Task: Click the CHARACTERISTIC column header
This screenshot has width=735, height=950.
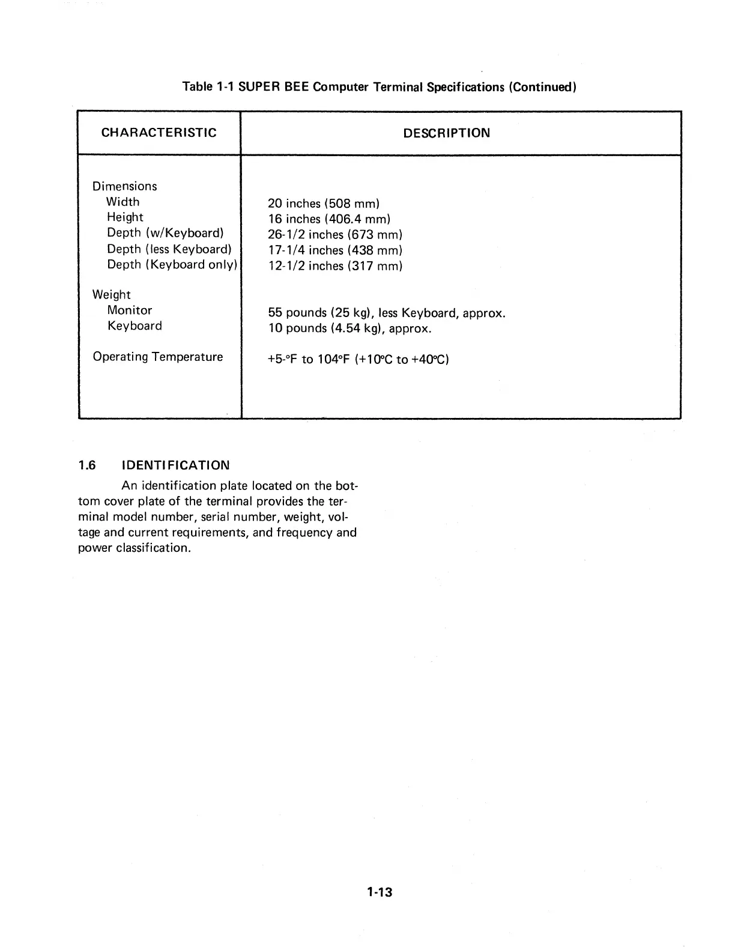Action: (x=159, y=133)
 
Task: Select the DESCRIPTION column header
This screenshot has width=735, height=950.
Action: (x=446, y=133)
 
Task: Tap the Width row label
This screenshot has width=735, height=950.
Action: (x=122, y=202)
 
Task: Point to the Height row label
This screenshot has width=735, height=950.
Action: (x=125, y=217)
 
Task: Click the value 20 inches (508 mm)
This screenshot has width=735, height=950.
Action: (x=324, y=204)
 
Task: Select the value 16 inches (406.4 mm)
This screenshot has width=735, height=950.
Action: (x=329, y=219)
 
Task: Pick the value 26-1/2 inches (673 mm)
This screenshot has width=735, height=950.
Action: (x=335, y=235)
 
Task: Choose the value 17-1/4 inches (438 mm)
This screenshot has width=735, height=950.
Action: (x=335, y=250)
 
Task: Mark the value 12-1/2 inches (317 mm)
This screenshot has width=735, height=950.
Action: (x=335, y=266)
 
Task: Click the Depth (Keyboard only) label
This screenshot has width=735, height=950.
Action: (x=172, y=265)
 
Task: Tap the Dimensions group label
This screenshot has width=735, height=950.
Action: (x=125, y=186)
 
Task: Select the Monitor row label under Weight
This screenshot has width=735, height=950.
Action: (x=130, y=310)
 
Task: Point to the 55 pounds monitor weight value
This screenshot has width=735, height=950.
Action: (x=387, y=313)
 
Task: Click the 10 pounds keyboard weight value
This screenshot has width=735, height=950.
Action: (x=349, y=328)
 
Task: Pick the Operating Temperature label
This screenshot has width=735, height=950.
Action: (x=158, y=357)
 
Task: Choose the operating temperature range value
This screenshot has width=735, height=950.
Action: (x=358, y=360)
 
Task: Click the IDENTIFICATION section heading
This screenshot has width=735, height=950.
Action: (x=175, y=465)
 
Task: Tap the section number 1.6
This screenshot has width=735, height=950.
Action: (x=87, y=465)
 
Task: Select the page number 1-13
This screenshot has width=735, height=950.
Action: (x=380, y=892)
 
